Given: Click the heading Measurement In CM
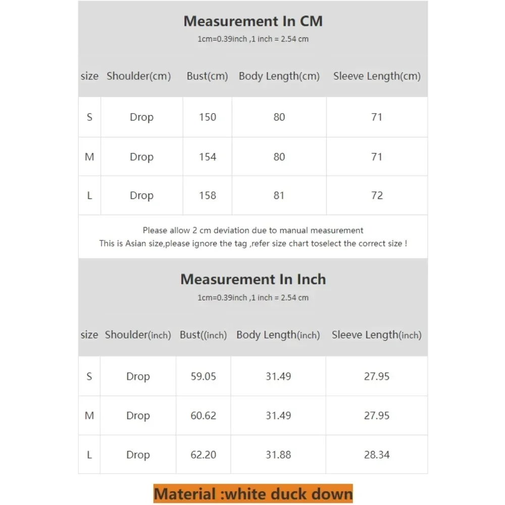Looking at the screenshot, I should click(x=252, y=21).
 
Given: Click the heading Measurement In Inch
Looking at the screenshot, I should click(x=253, y=279).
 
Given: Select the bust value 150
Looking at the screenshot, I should click(x=208, y=117).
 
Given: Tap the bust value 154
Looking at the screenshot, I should click(x=208, y=157).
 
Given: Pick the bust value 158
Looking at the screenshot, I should click(x=208, y=195).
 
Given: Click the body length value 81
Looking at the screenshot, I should click(x=279, y=195).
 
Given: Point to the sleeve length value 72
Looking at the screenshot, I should click(x=377, y=195).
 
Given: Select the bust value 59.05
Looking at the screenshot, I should click(x=204, y=376).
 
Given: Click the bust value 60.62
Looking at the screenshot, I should click(x=204, y=416).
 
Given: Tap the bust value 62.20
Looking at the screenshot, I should click(x=204, y=454).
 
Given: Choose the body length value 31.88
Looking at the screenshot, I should click(x=278, y=454).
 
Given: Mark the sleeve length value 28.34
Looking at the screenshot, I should click(x=377, y=454).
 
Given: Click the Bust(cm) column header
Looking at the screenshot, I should click(x=208, y=76).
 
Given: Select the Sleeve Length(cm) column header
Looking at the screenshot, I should click(x=377, y=76).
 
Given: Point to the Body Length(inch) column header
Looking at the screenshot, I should click(x=278, y=335).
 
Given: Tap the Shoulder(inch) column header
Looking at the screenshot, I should click(x=138, y=335).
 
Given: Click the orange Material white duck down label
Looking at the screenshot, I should click(x=253, y=493).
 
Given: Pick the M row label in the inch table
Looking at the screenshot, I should click(x=89, y=416).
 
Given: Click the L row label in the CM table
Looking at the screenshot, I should click(x=89, y=195).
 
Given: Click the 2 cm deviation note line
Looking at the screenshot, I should click(x=253, y=230).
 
